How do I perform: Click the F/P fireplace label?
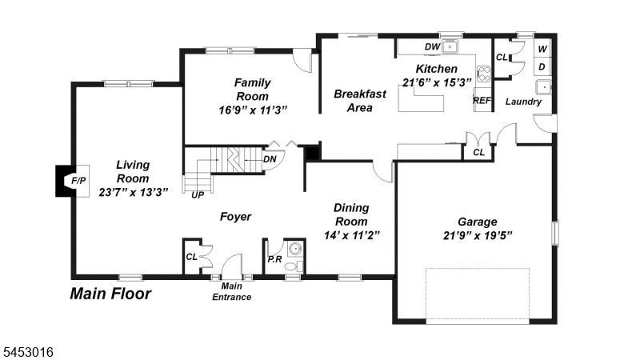(x=78, y=181)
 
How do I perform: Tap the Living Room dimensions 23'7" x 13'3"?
(x=133, y=192)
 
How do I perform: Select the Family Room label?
(x=253, y=90)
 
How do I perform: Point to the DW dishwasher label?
(x=432, y=47)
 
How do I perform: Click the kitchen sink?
(x=450, y=47)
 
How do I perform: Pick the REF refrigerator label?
(x=482, y=101)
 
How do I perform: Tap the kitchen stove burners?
(x=484, y=74)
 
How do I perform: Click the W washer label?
(x=542, y=50)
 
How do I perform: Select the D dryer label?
(x=542, y=67)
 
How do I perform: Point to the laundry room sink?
(x=544, y=87)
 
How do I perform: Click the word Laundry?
(x=523, y=102)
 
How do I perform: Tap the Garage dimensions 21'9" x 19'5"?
(x=478, y=235)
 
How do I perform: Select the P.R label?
(x=274, y=259)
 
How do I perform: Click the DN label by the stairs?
(x=270, y=159)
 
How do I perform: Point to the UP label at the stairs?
(x=198, y=195)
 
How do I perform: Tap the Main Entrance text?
(x=231, y=291)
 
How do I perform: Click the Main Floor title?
(x=110, y=294)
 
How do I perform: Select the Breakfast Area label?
(x=359, y=101)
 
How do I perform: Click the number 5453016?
(x=28, y=352)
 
